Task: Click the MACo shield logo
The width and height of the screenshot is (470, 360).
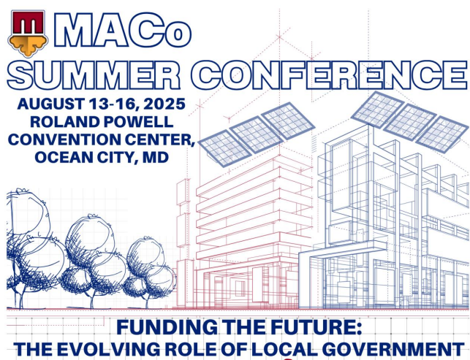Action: coord(28,33)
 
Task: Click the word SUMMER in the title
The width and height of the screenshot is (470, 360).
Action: coord(94,75)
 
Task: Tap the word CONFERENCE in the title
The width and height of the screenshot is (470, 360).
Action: coord(330,75)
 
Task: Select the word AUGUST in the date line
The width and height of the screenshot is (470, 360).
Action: coord(51,104)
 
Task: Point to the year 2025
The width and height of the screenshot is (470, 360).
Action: coord(164,104)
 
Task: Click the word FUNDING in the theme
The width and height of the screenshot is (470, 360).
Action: coord(167,327)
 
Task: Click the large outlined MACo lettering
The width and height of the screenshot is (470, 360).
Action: coord(122,30)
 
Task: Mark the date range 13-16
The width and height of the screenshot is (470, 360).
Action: coord(114,104)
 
